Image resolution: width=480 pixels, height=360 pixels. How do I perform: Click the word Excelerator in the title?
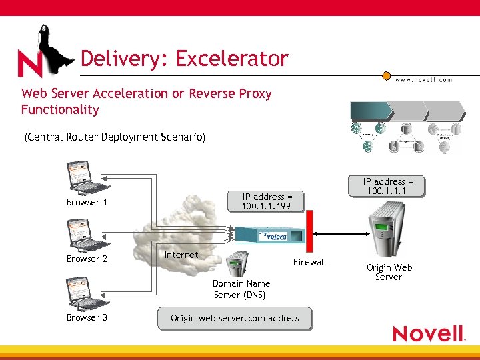[x=232, y=59]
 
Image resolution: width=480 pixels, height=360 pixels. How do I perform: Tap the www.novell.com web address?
[x=424, y=79]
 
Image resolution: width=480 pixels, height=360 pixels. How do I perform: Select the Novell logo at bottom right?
[x=428, y=333]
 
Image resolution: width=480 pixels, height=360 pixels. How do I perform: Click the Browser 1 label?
[x=87, y=202]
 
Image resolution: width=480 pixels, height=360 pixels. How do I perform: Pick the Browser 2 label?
[x=87, y=259]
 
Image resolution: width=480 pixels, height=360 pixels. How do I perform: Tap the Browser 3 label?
[x=87, y=317]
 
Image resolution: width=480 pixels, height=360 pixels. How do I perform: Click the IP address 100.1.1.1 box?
[x=388, y=186]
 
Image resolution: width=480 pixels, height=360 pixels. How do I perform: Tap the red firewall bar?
[x=309, y=234]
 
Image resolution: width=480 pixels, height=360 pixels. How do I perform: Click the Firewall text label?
[x=310, y=262]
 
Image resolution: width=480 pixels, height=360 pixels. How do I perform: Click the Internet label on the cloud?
[x=181, y=255]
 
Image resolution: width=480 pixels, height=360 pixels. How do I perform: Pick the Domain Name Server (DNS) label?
[x=241, y=289]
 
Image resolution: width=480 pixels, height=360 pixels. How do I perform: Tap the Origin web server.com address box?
[x=235, y=318]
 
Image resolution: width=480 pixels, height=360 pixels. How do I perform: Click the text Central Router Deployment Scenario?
[x=115, y=137]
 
